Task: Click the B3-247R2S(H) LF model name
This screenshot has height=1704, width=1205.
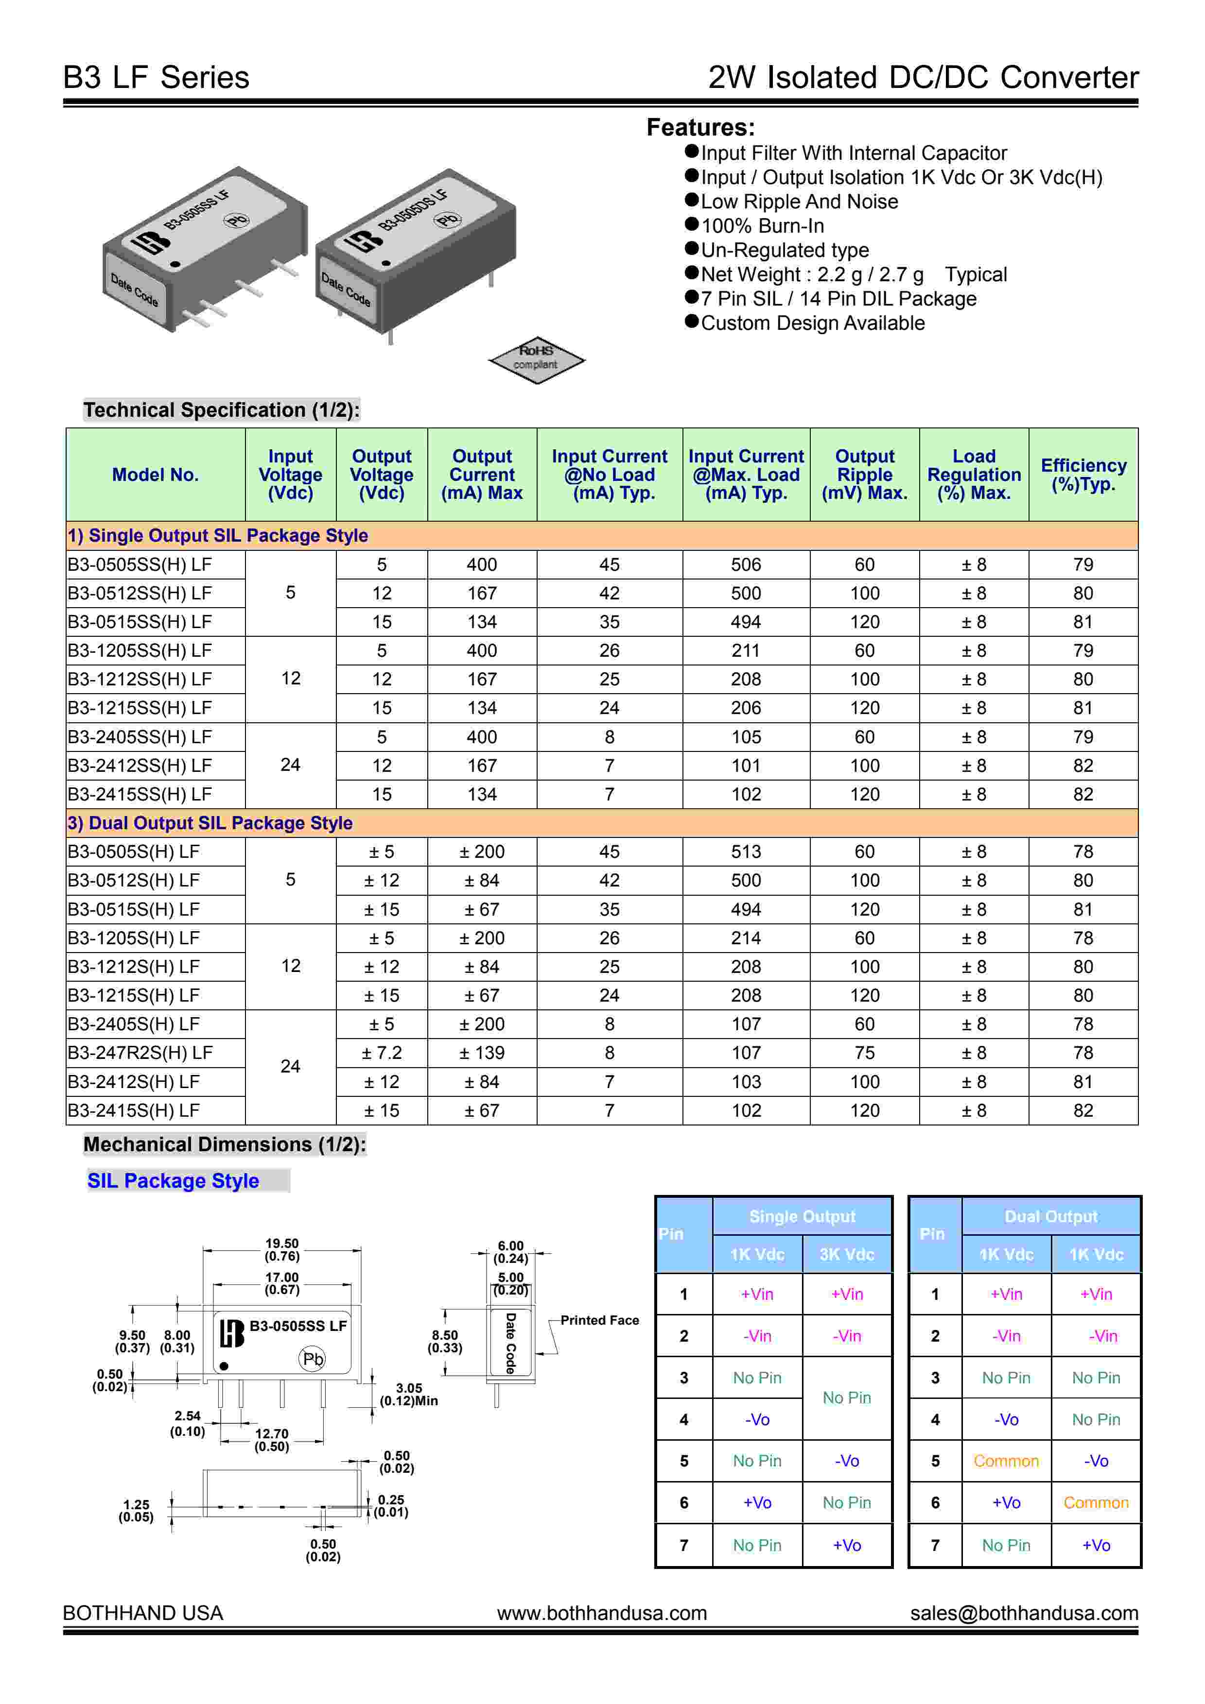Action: point(140,1053)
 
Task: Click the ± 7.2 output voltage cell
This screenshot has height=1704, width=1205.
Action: point(382,1053)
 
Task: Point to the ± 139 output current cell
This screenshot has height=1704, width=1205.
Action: point(482,1053)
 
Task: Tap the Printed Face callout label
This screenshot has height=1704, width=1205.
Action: point(599,1320)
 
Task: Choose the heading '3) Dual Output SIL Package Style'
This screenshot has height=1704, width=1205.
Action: point(210,822)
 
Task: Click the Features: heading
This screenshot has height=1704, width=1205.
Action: point(700,128)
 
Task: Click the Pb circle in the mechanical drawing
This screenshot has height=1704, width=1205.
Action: point(313,1359)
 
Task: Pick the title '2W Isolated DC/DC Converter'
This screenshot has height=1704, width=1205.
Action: point(923,77)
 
